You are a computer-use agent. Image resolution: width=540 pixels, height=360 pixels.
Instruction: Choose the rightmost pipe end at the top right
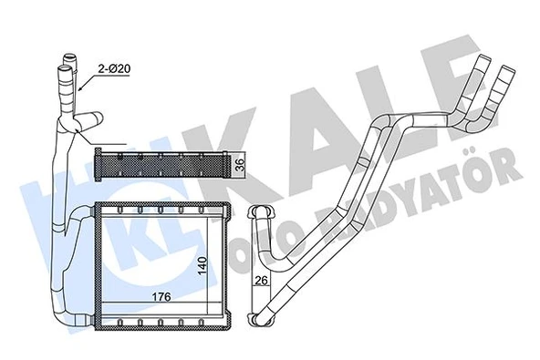(508, 67)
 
